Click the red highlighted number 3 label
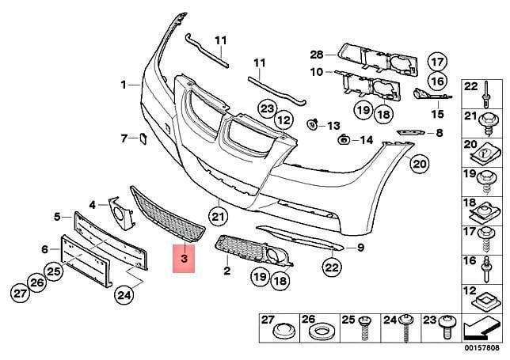pos(184,259)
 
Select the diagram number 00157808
pos(481,347)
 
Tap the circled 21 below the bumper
pos(219,216)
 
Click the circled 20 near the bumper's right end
pos(419,164)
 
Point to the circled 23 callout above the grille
pos(268,109)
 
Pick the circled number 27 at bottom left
pos(20,294)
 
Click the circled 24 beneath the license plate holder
pos(124,295)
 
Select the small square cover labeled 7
pos(143,138)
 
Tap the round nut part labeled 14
pos(343,140)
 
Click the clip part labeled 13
pos(312,123)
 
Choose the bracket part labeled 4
pos(120,213)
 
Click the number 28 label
pos(317,55)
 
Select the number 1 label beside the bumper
pos(124,85)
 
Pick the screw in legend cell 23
pos(447,326)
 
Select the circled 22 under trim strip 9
pos(332,267)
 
